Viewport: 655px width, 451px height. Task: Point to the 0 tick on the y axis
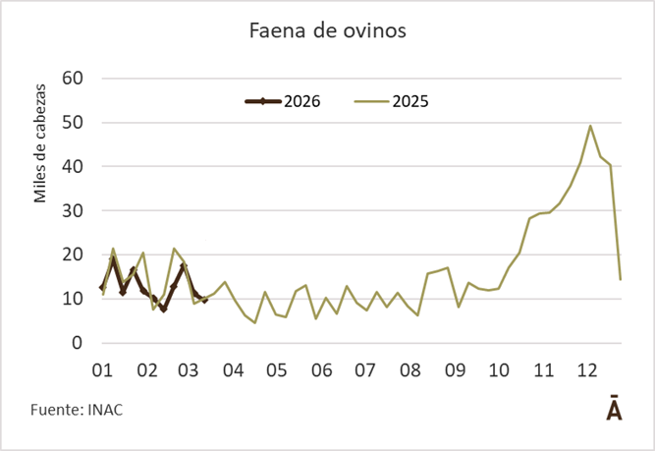(76, 343)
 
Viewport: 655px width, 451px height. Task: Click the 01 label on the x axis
(102, 370)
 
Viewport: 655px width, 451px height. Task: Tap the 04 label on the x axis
(233, 370)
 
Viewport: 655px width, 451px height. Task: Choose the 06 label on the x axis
(320, 370)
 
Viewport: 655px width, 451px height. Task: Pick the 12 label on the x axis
(586, 370)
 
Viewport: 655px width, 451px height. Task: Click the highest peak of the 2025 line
(590, 126)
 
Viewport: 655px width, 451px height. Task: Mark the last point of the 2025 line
(621, 280)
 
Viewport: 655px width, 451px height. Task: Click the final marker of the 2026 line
(204, 300)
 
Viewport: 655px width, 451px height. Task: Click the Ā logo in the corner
(613, 409)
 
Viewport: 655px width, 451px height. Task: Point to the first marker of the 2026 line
(102, 288)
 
